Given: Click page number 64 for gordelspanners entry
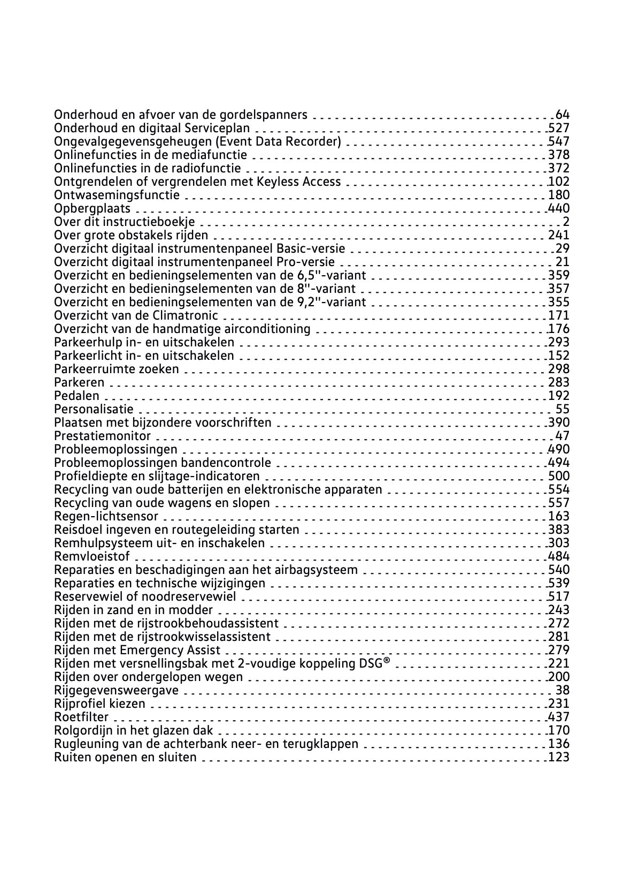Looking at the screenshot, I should pos(563,115).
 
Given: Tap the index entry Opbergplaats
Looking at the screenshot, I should pos(92,208).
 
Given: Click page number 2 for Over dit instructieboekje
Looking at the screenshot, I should pos(566,222).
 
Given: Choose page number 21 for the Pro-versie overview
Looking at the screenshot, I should pos(563,262).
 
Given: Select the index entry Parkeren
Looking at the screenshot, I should pos(79,382).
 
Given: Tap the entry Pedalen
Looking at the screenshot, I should pos(76,396).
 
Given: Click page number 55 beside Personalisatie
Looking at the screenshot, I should pos(563,409).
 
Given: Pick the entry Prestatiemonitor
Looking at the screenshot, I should pos(102,436).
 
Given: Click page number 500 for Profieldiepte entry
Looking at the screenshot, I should pos(559,476).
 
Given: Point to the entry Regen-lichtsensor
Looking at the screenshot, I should pos(106,516).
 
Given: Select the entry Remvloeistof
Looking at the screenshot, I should pos(91,556).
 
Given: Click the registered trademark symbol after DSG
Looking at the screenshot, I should pos(387,662).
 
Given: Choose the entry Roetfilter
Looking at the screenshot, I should pos(81,717).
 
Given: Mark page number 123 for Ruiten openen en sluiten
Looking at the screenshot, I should pos(559,757).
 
